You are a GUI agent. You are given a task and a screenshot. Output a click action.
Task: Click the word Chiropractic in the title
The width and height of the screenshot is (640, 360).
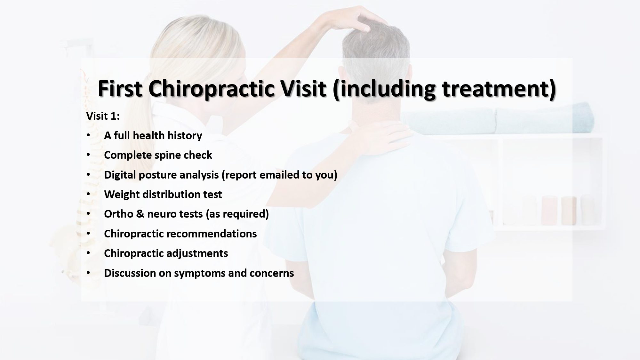pyautogui.click(x=211, y=89)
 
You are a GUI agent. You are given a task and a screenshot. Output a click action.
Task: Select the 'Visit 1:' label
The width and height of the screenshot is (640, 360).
pyautogui.click(x=103, y=116)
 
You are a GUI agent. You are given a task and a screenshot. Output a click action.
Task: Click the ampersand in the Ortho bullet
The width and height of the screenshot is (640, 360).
pyautogui.click(x=140, y=214)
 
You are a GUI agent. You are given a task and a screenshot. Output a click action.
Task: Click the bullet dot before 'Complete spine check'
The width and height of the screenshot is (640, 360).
pyautogui.click(x=89, y=155)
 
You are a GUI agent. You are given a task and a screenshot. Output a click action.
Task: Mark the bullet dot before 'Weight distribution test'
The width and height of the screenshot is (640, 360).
pyautogui.click(x=89, y=194)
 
